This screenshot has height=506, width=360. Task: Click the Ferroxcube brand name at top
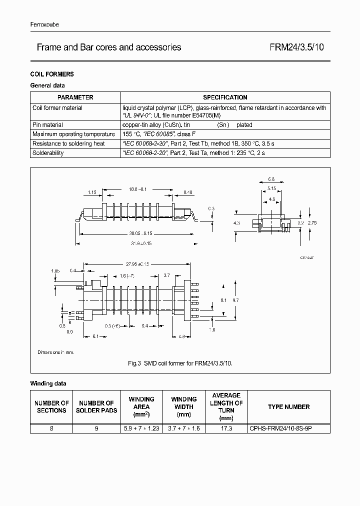click(44, 24)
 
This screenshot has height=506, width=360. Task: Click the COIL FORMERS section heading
click(52, 74)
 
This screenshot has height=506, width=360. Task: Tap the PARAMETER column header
click(75, 97)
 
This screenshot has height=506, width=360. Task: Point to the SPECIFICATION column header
click(225, 97)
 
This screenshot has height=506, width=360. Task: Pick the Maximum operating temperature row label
click(66, 134)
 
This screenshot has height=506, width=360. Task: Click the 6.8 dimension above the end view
click(271, 178)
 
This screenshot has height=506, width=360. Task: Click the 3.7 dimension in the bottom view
click(167, 275)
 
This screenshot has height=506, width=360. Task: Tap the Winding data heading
click(48, 383)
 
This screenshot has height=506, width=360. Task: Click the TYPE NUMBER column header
click(288, 407)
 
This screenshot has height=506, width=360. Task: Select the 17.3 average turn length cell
click(226, 428)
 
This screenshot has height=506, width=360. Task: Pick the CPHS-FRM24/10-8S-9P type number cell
click(288, 428)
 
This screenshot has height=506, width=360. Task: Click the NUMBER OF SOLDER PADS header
click(97, 407)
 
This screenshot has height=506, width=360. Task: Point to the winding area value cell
click(141, 428)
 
